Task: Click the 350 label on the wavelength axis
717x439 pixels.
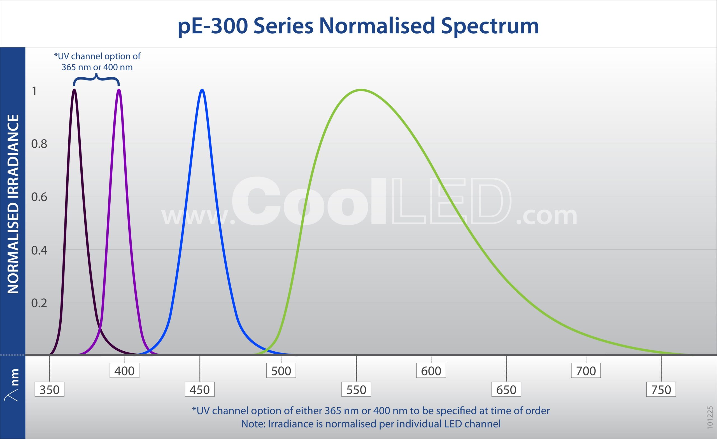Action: pyautogui.click(x=50, y=389)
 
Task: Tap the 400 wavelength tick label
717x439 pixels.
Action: pyautogui.click(x=125, y=371)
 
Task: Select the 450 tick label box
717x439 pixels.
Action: pyautogui.click(x=200, y=389)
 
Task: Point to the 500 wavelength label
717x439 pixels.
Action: pyautogui.click(x=281, y=371)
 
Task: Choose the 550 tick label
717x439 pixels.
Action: pyautogui.click(x=356, y=389)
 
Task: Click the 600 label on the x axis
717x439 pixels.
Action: pyautogui.click(x=431, y=371)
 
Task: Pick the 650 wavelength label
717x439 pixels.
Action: pyautogui.click(x=506, y=389)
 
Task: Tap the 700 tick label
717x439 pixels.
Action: pyautogui.click(x=586, y=371)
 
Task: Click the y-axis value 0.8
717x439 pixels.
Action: pyautogui.click(x=39, y=144)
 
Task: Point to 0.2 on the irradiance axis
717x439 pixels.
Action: pyautogui.click(x=39, y=303)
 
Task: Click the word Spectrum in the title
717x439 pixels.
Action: pyautogui.click(x=490, y=26)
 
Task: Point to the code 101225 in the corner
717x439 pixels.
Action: pyautogui.click(x=710, y=418)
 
